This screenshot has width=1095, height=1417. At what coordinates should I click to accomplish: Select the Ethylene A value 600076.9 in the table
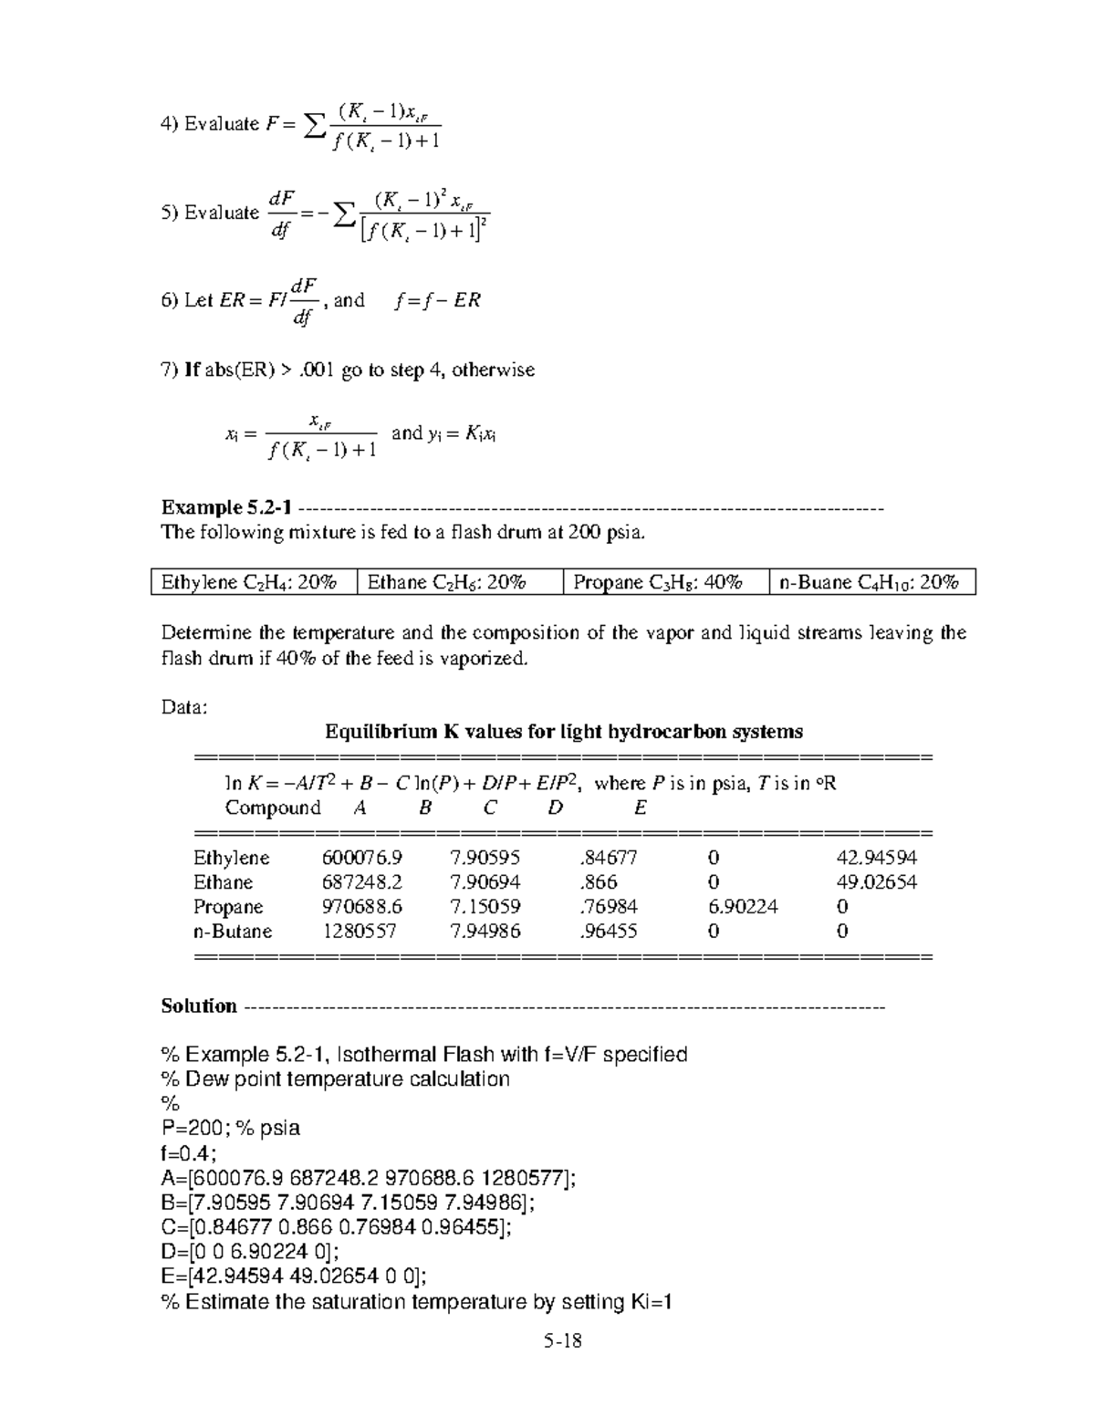point(362,858)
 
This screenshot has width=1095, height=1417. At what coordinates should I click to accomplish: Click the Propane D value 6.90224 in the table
point(742,907)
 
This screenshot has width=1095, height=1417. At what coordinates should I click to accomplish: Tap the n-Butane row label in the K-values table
point(233,932)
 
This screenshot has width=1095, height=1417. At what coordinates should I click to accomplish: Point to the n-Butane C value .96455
point(608,932)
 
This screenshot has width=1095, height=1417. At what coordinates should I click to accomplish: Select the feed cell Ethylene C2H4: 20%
point(254,582)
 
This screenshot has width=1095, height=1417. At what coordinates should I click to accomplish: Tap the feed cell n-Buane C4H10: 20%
point(871,582)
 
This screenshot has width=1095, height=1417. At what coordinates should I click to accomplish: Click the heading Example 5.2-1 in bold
point(226,507)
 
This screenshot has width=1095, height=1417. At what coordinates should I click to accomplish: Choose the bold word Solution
point(198,1006)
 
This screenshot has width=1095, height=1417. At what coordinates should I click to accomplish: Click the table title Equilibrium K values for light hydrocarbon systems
point(564,732)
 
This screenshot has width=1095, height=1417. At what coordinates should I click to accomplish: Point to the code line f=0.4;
point(189,1153)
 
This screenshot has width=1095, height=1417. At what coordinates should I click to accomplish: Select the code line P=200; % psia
point(230,1129)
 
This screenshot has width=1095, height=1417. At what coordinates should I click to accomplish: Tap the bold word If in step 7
point(192,370)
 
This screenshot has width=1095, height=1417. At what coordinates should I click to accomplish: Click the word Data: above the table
point(184,707)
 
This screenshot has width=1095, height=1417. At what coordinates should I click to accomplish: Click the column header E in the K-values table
point(640,808)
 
